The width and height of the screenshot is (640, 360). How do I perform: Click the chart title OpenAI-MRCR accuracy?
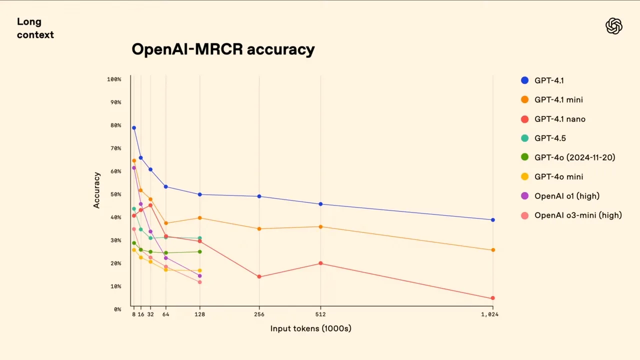pos(223,49)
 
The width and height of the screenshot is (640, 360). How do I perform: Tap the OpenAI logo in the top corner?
pos(613,26)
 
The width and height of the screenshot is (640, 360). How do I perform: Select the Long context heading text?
pos(35,28)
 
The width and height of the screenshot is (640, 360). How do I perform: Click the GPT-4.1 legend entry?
pos(549,80)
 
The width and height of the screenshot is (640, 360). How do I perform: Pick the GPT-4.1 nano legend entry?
pos(559,119)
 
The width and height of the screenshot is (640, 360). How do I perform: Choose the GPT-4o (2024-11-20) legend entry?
pos(574,157)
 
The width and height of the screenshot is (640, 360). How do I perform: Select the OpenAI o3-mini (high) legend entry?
pos(578,215)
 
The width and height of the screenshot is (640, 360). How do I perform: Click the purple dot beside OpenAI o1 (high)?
pos(524,196)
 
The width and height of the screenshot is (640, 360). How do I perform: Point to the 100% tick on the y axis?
pos(114,79)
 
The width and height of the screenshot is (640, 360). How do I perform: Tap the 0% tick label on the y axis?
pos(117,309)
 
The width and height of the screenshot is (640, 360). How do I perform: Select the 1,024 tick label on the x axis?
pos(489,314)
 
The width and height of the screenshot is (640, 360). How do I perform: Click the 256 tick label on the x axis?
pos(259,314)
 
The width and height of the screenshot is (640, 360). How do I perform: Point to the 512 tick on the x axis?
pos(320,314)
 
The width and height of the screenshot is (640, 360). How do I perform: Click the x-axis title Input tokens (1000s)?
pos(310,328)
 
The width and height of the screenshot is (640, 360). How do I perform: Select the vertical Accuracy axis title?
pos(97,190)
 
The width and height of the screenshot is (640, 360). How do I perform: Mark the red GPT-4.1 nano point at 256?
pos(259,276)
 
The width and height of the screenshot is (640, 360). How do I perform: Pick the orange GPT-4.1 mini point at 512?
pos(320,226)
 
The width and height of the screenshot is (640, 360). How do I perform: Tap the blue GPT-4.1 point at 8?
pos(134,128)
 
